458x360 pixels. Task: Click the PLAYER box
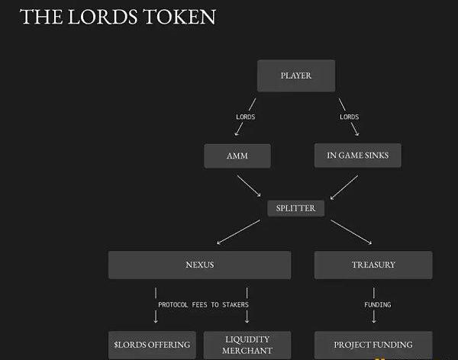(x=296, y=76)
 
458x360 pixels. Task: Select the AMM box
(x=237, y=156)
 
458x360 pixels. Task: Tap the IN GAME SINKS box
(x=357, y=156)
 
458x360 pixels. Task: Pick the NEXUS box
(x=199, y=265)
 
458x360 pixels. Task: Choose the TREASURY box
(x=373, y=265)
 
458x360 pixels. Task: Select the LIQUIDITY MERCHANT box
(x=247, y=345)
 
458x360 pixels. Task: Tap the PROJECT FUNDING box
(x=373, y=345)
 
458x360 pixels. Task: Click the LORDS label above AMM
(x=245, y=117)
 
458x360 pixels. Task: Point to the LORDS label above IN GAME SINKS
(x=349, y=117)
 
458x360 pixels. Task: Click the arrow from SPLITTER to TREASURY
(x=351, y=233)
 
